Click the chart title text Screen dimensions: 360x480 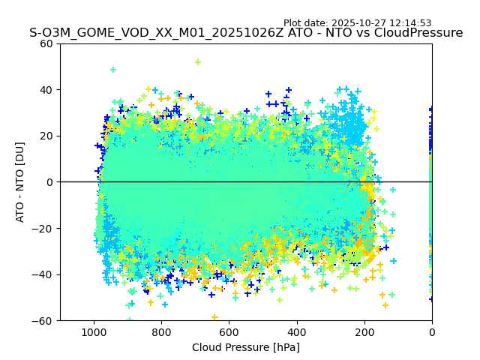tap(246, 33)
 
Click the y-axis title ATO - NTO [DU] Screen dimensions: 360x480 tap(20, 182)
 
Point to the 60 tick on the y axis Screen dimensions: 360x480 tap(47, 43)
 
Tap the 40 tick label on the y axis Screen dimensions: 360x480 tap(47, 90)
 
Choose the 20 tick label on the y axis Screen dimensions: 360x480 tap(47, 136)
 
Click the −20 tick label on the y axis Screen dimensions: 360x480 tap(44, 229)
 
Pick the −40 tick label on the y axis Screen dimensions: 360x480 tap(44, 274)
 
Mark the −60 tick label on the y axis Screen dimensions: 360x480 tap(44, 321)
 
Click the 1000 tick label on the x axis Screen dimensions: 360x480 tap(94, 331)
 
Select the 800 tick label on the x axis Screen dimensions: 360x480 tap(161, 331)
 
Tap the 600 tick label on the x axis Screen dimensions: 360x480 tap(229, 331)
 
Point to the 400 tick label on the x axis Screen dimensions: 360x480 tap(297, 331)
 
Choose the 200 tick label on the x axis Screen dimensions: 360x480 tap(364, 331)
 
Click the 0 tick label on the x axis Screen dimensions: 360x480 tap(432, 331)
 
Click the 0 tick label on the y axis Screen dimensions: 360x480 tap(50, 182)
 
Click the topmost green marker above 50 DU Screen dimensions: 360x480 tap(198, 62)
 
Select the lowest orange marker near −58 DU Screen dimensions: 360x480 tap(214, 317)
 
